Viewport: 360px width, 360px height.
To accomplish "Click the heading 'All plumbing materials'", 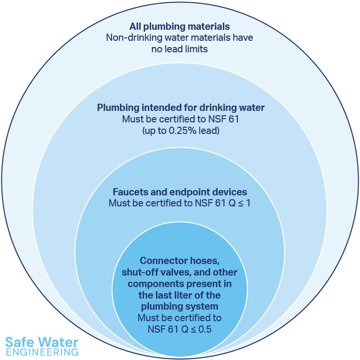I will tap(180, 26).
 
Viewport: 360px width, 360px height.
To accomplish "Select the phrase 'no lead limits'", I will tap(180, 49).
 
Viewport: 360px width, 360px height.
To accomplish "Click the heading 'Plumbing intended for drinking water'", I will tap(180, 108).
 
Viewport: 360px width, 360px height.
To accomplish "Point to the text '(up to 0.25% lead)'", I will tap(180, 130).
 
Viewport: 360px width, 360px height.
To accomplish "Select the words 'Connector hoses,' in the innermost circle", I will tap(180, 261).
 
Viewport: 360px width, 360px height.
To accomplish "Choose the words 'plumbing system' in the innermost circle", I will tap(180, 306).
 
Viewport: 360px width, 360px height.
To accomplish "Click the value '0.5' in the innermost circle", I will tap(205, 329).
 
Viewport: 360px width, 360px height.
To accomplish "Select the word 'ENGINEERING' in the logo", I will tap(42, 352).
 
